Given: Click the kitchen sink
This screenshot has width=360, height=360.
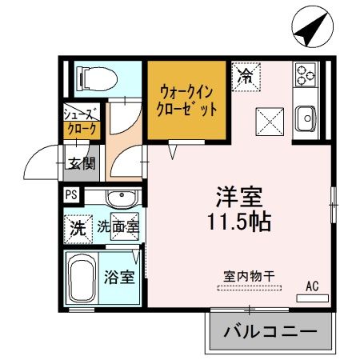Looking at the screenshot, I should pyautogui.click(x=306, y=120).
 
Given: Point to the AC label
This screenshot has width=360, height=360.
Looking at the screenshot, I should pyautogui.click(x=312, y=284).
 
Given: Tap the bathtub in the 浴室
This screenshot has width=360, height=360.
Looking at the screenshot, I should pyautogui.click(x=81, y=280).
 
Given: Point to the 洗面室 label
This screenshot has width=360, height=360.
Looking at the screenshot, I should pyautogui.click(x=118, y=227).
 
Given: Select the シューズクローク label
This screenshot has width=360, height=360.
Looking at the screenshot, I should pyautogui.click(x=82, y=121).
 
